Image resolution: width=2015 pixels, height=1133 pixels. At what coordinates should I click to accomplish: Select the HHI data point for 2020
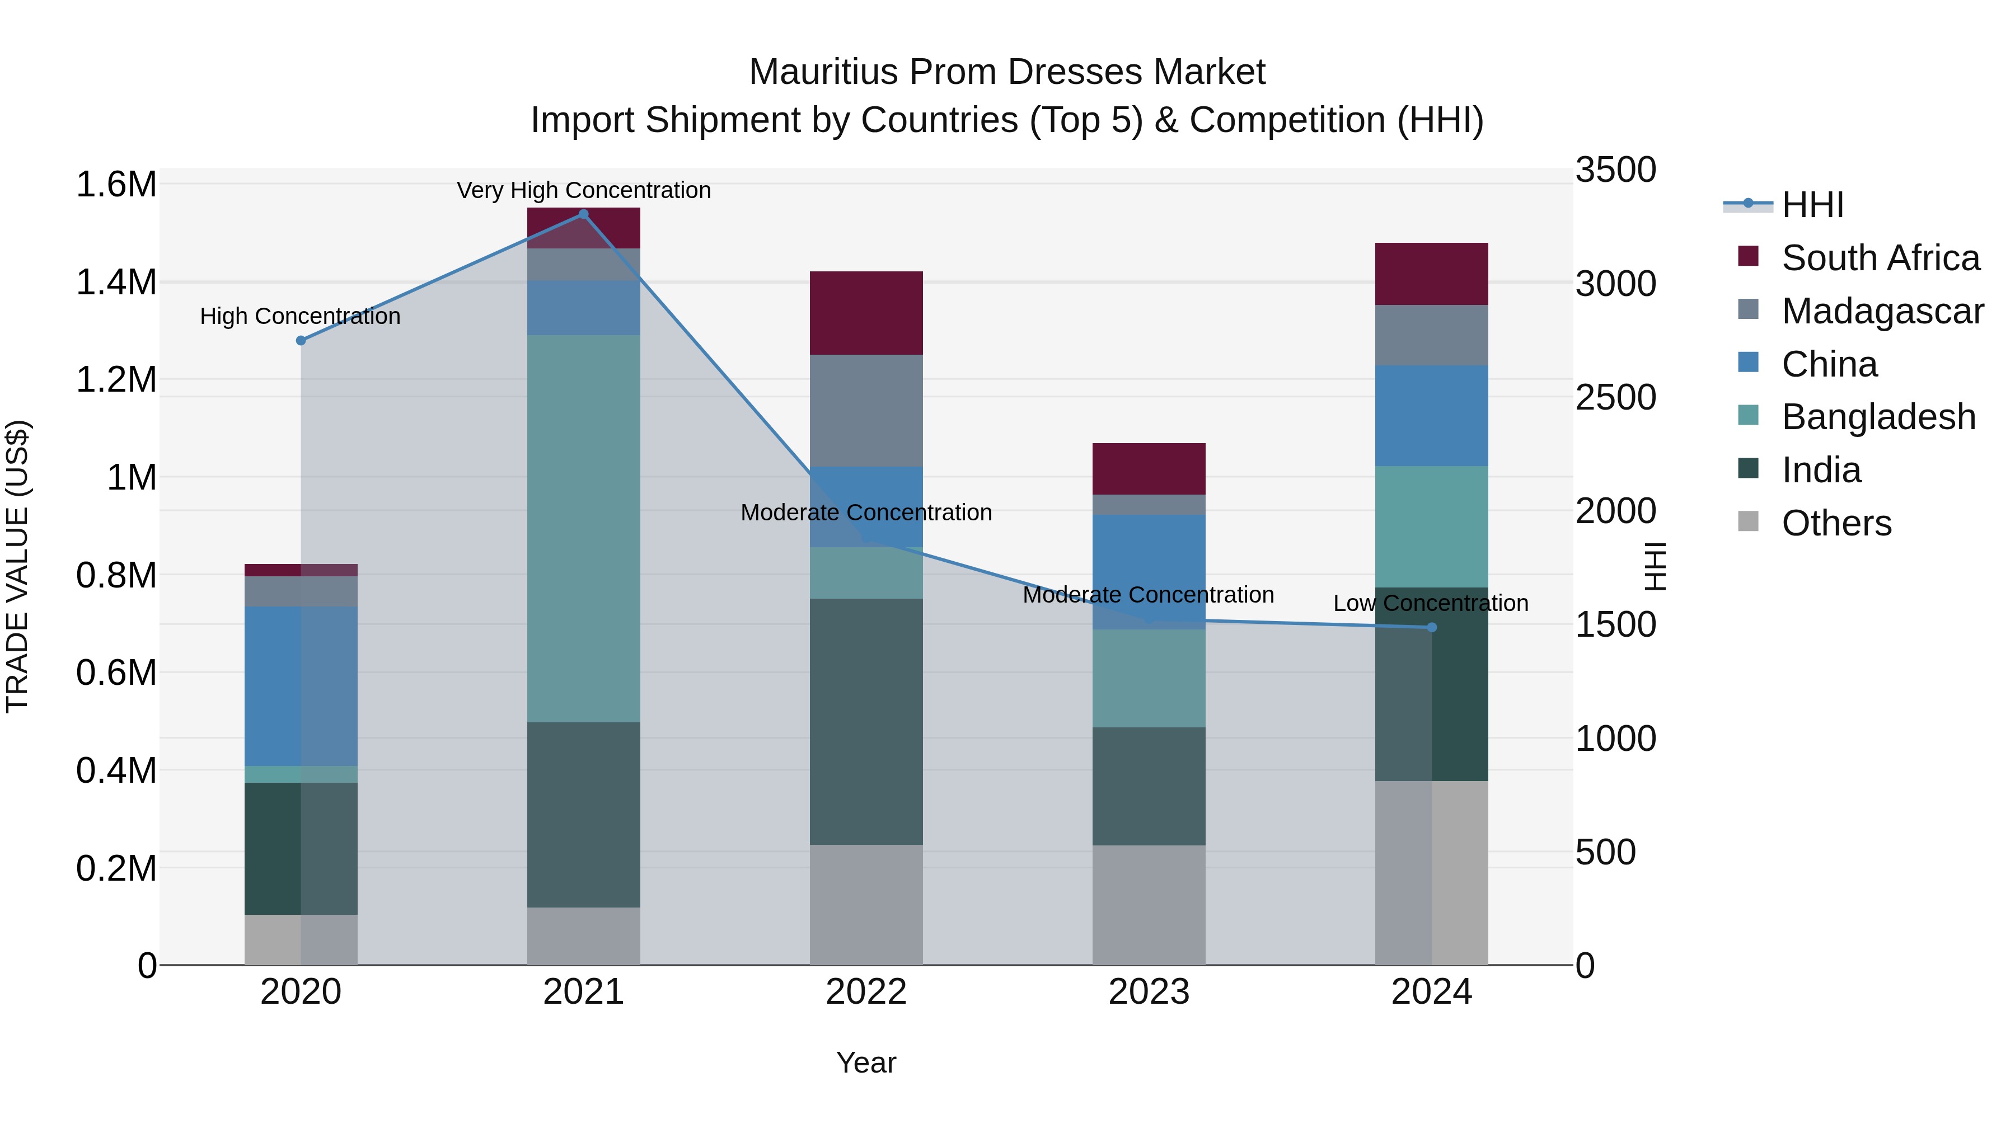pyautogui.click(x=301, y=340)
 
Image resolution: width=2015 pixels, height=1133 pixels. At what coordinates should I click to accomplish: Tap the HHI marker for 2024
pyautogui.click(x=1431, y=627)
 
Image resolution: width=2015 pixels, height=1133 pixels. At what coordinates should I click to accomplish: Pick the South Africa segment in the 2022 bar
pyautogui.click(x=866, y=313)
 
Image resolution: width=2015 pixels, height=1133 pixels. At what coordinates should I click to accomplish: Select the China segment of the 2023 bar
pyautogui.click(x=1149, y=572)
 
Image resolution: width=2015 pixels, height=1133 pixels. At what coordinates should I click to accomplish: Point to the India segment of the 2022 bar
pyautogui.click(x=866, y=721)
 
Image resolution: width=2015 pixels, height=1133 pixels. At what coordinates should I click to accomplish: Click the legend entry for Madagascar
pyautogui.click(x=1882, y=311)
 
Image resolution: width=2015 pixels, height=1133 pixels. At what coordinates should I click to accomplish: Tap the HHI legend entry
pyautogui.click(x=1812, y=205)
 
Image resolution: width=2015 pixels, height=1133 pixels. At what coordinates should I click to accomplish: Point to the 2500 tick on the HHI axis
pyautogui.click(x=1615, y=397)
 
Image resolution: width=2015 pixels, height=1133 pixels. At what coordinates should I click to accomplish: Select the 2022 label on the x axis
pyautogui.click(x=866, y=992)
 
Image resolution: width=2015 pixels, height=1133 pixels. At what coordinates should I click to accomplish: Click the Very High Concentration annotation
pyautogui.click(x=584, y=190)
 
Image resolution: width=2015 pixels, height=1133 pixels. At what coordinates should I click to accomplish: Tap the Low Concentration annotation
pyautogui.click(x=1431, y=603)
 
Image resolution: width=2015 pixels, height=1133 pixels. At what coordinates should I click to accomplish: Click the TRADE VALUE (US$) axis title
pyautogui.click(x=17, y=566)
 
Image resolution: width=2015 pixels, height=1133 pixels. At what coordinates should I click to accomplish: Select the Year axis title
pyautogui.click(x=866, y=1063)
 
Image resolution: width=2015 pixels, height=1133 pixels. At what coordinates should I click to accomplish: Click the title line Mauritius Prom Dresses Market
pyautogui.click(x=1007, y=72)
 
